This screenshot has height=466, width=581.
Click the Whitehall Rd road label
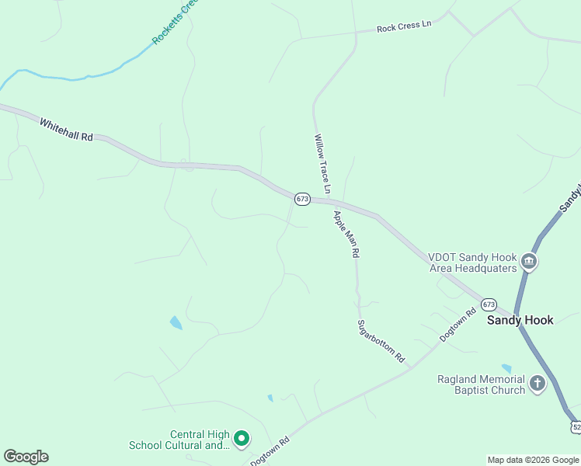(66, 130)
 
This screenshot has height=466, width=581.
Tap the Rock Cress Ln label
(403, 27)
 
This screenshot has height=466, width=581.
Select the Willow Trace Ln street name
(322, 164)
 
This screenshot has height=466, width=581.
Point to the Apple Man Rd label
(346, 234)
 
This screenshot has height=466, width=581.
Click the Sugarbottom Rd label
(381, 342)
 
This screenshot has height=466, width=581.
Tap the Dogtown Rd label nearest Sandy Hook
(457, 325)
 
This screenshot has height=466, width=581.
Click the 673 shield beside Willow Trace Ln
(302, 200)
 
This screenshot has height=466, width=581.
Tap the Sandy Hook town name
(520, 320)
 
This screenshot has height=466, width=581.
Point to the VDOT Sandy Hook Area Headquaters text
(472, 263)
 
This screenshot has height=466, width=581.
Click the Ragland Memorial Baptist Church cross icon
(537, 384)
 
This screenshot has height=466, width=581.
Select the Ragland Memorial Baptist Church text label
(481, 384)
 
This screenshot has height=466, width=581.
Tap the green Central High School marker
(241, 440)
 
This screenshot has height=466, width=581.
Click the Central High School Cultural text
(179, 440)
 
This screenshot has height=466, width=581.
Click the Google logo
(26, 457)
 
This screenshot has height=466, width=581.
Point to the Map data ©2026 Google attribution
(533, 460)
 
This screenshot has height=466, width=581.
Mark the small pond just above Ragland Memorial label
(506, 368)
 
